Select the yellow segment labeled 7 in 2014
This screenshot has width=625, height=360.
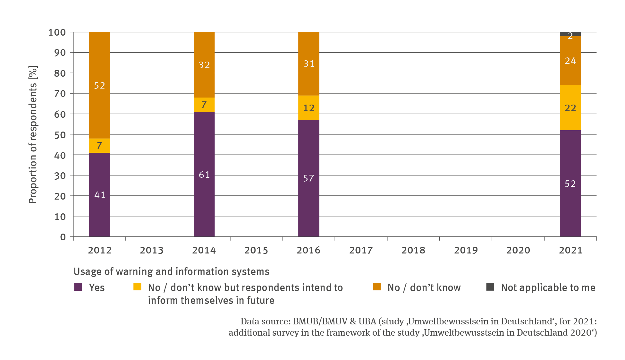pos(204,105)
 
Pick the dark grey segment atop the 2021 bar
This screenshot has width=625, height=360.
pos(570,34)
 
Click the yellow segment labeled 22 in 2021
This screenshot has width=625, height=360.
pos(570,108)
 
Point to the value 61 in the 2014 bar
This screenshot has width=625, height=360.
pos(204,175)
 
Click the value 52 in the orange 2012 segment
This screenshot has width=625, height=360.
pos(99,85)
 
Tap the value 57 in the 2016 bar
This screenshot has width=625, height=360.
pos(308,178)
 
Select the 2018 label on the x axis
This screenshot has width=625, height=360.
pos(413,250)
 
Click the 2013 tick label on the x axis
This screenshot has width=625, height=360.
pos(152,250)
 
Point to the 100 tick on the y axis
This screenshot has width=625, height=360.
pos(57,32)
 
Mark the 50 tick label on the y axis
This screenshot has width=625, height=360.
pos(60,135)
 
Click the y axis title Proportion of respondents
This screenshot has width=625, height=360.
pos(33,134)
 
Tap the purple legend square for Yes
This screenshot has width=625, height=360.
pos(78,287)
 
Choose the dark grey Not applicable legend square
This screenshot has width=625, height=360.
pos(490,287)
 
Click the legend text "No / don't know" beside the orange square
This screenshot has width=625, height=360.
pos(424,287)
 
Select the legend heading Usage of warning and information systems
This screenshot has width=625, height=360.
pos(172,271)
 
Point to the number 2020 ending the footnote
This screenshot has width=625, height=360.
pos(580,332)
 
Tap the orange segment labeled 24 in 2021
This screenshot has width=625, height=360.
pos(570,61)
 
